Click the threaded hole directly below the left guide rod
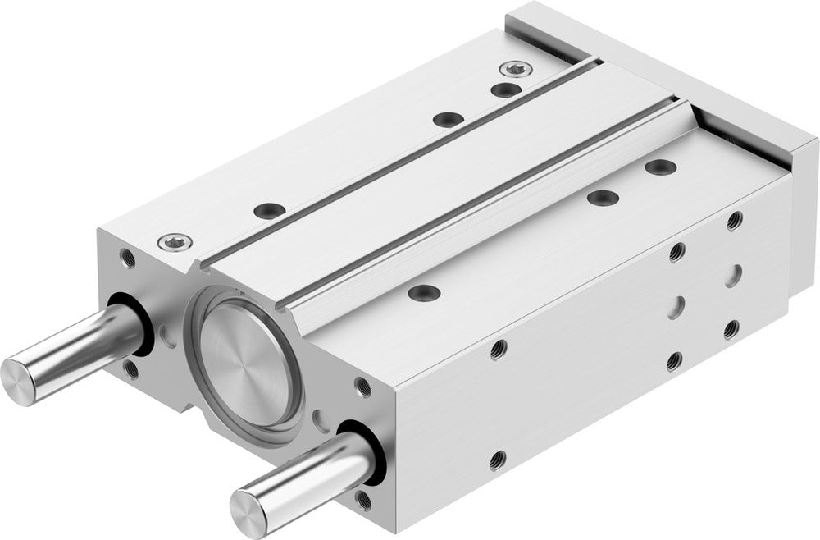(131, 368)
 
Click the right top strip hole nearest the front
(424, 291)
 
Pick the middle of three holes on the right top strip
(603, 198)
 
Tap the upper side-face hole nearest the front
(497, 351)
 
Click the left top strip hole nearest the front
(265, 210)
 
